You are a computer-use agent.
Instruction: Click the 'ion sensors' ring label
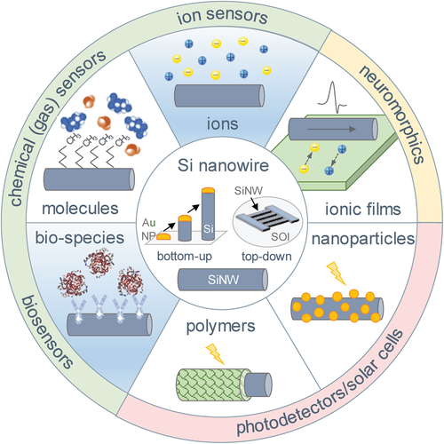click(x=222, y=16)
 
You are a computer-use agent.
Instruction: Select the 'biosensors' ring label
click(x=47, y=332)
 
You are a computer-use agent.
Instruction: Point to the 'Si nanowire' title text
click(x=223, y=165)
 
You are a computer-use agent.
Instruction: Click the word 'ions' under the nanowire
click(x=222, y=123)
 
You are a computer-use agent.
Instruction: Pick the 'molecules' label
click(x=80, y=209)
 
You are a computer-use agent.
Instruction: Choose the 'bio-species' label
click(x=80, y=238)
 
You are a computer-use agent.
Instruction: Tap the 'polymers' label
click(x=220, y=327)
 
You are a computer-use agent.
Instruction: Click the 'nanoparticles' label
click(x=363, y=239)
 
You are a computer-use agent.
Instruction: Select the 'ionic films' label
click(x=363, y=209)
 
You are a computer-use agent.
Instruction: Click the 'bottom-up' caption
click(x=185, y=257)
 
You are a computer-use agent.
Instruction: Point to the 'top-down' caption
click(x=266, y=257)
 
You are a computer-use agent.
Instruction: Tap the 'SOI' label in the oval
click(x=280, y=236)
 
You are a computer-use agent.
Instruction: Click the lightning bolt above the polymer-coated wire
click(x=215, y=354)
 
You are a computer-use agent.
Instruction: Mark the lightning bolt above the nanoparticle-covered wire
click(x=336, y=274)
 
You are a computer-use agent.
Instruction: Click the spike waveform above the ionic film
click(x=332, y=97)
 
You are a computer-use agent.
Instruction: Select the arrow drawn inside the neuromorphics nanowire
click(x=331, y=129)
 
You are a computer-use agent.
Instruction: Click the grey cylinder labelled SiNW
click(x=223, y=280)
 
